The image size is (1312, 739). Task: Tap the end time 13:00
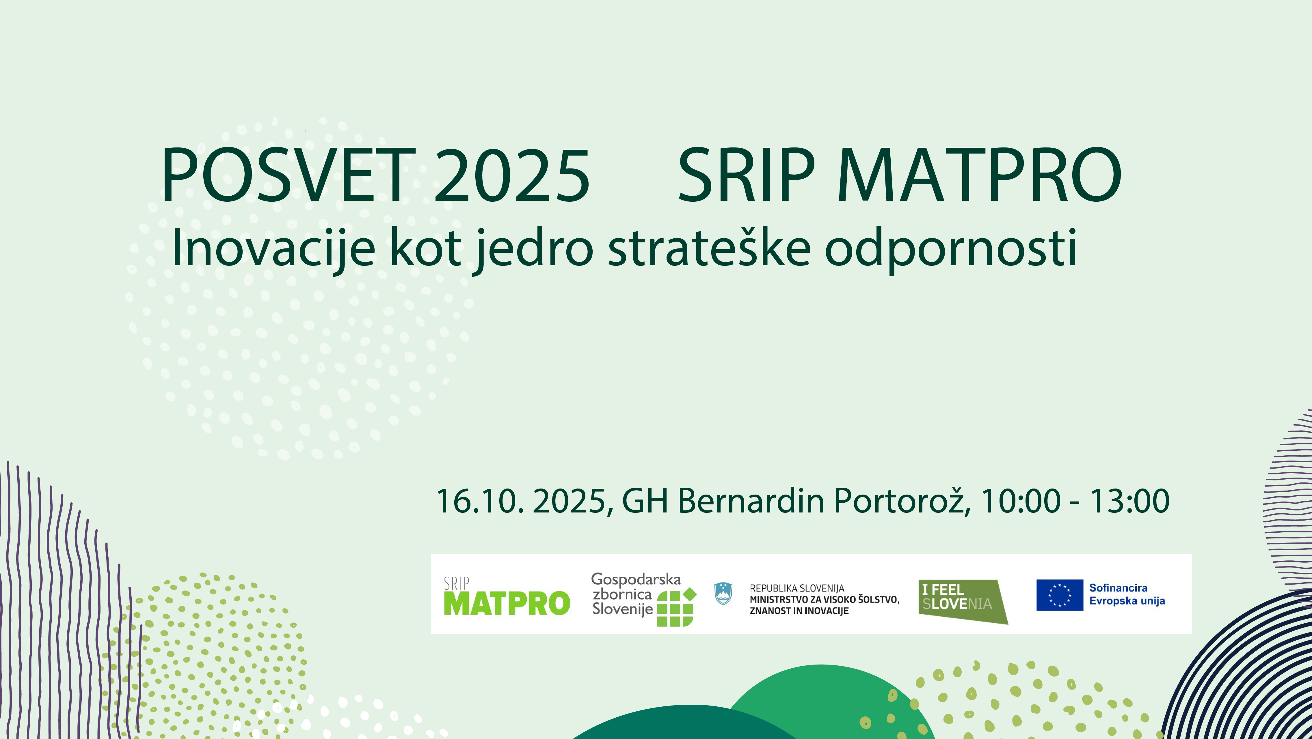tap(1129, 501)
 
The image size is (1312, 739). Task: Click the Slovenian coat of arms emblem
tap(723, 594)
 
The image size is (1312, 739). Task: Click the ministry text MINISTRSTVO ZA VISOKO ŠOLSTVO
tap(824, 600)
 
